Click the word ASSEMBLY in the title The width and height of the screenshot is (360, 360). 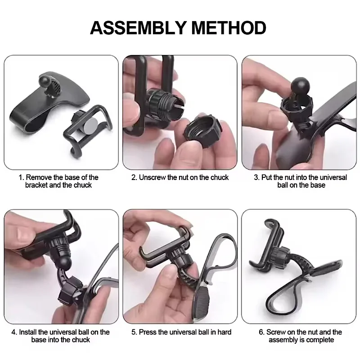coord(138,28)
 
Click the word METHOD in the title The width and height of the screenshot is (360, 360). coord(229,28)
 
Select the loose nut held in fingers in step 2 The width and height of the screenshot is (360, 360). coord(203,131)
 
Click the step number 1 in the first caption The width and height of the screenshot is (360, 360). coord(21,177)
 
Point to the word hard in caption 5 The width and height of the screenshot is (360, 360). coord(224,332)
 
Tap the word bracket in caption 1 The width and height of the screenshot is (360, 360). coord(36,185)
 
